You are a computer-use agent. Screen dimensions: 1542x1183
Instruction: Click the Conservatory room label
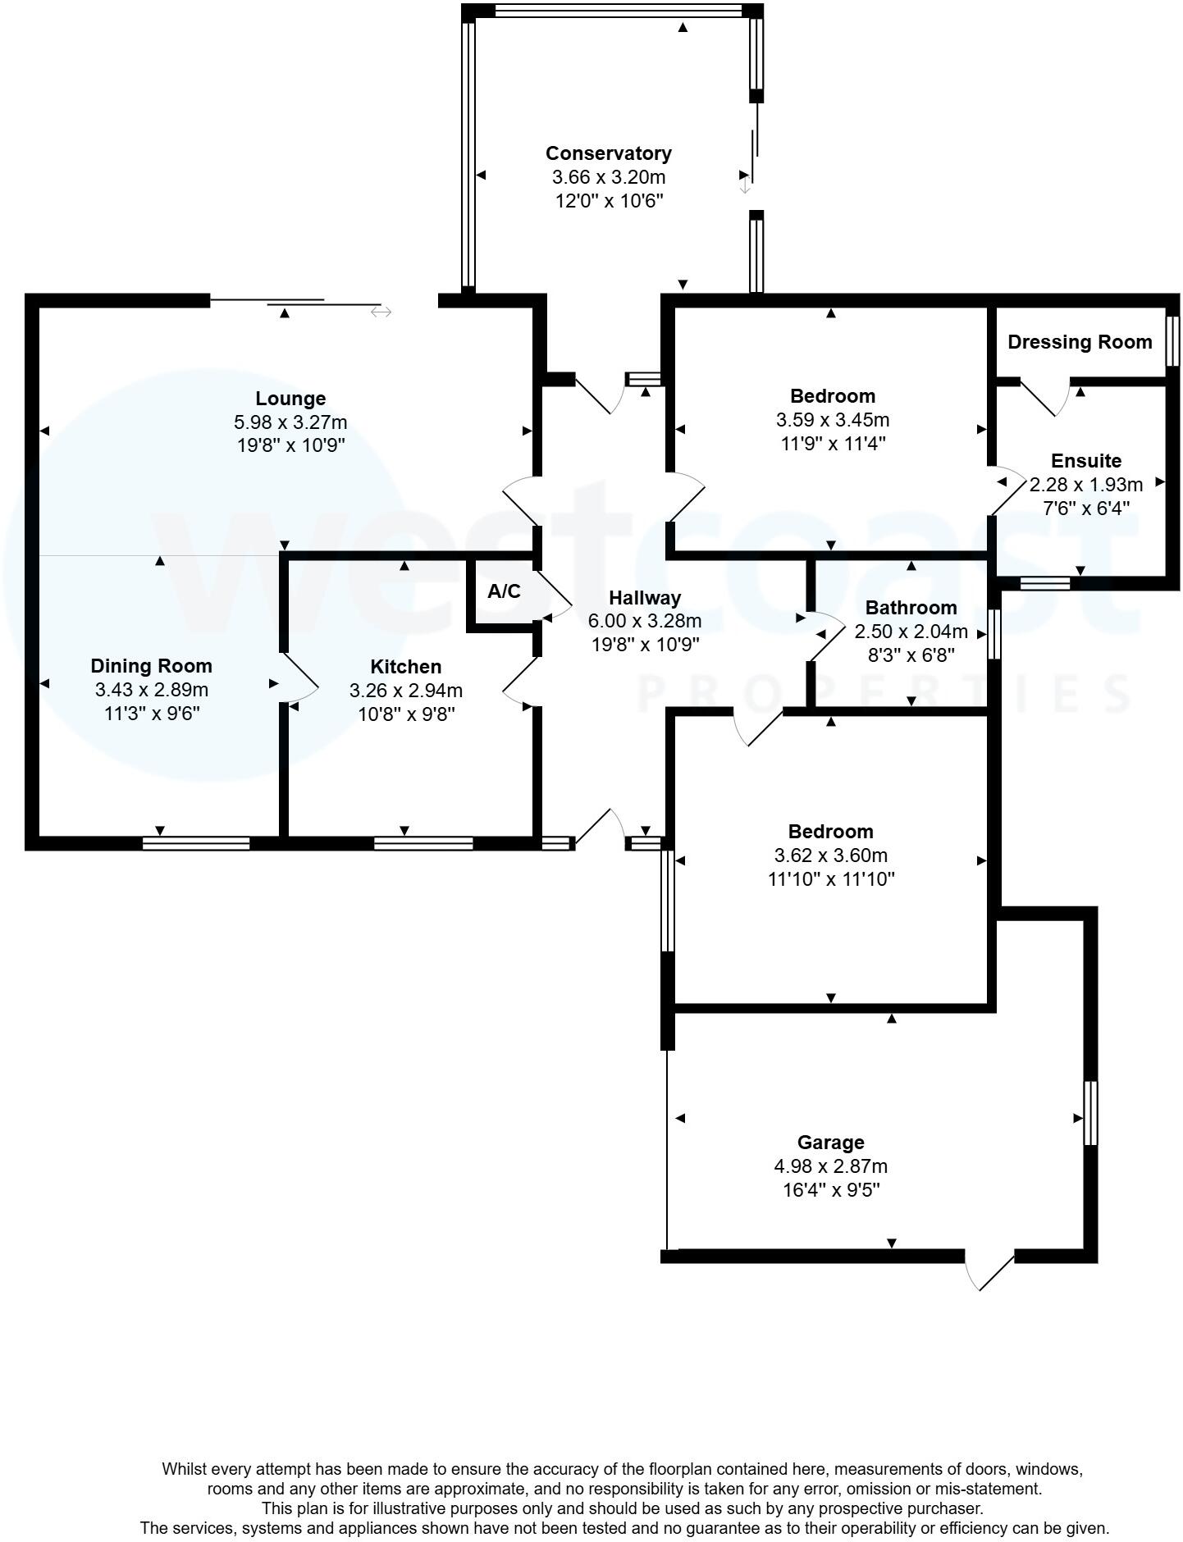[x=608, y=153]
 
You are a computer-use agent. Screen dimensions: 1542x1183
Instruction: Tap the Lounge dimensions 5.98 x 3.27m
[x=290, y=422]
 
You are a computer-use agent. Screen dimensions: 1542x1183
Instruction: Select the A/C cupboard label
[x=504, y=591]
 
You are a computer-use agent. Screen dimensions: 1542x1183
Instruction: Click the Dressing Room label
[x=1079, y=342]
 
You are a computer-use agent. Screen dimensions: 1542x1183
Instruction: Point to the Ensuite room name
[x=1085, y=461]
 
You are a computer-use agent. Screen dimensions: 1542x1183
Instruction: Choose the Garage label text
[x=830, y=1143]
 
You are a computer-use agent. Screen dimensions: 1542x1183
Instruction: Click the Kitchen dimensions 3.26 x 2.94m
[x=405, y=691]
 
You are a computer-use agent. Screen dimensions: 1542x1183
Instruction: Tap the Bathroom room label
[x=911, y=608]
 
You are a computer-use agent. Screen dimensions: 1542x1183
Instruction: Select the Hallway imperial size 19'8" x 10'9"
[x=645, y=645]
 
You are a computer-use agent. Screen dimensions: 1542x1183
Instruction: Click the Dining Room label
[x=151, y=666]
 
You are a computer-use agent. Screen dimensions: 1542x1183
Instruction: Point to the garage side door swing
[x=989, y=1271]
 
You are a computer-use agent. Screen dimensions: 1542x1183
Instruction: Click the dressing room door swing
[x=1047, y=399]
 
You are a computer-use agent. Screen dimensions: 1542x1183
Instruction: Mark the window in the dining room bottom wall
[x=196, y=843]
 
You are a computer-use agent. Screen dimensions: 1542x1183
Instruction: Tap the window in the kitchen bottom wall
[x=423, y=843]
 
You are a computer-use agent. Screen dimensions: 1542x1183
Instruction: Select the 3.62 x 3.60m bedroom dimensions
[x=830, y=855]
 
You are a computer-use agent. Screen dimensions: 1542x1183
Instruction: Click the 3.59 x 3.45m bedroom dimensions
[x=832, y=420]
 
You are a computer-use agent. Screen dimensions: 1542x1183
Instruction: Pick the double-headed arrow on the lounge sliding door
[x=381, y=312]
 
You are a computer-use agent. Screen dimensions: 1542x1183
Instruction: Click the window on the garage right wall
[x=1090, y=1113]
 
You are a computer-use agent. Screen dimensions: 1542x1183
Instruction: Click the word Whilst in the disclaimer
[x=184, y=1469]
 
